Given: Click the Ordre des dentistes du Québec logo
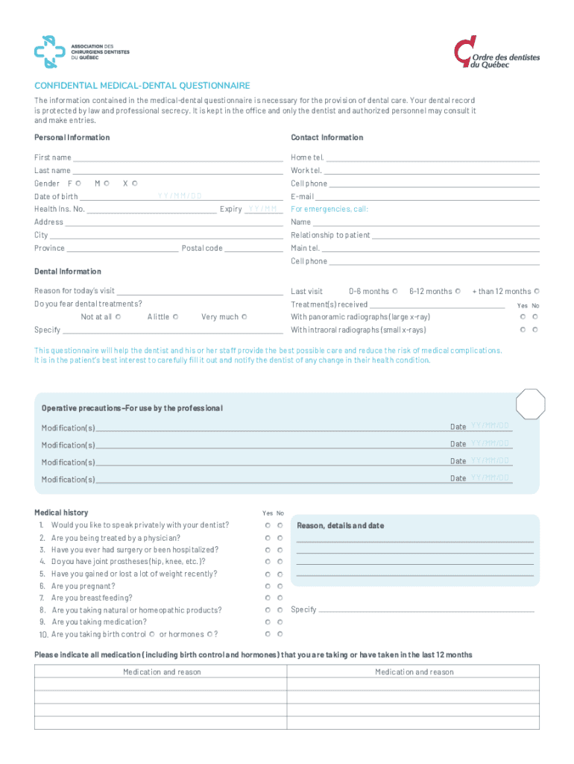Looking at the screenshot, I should (x=496, y=53).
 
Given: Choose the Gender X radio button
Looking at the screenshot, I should (x=135, y=183).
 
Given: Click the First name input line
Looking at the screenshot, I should (x=177, y=157).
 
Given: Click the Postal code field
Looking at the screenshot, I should (x=253, y=248).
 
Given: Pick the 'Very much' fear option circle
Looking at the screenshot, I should (x=245, y=316).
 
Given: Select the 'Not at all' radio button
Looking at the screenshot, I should (x=119, y=316).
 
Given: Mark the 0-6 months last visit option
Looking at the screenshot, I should (x=395, y=291).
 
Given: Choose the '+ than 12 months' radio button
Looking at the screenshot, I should (x=537, y=291).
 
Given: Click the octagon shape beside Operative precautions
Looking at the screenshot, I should (x=531, y=404).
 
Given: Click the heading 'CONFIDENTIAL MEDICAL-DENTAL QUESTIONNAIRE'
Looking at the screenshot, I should (x=142, y=86).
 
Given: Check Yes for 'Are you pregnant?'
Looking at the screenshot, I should (x=268, y=586).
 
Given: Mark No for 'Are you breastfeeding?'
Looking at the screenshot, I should (x=280, y=598).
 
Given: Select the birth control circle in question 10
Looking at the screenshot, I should (x=152, y=634).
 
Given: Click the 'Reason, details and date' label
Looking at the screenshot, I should (x=340, y=525).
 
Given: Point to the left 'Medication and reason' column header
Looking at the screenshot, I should (x=161, y=672).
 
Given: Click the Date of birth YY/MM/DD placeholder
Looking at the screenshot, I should (x=180, y=196).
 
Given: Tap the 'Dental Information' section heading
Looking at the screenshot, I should (x=68, y=272).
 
